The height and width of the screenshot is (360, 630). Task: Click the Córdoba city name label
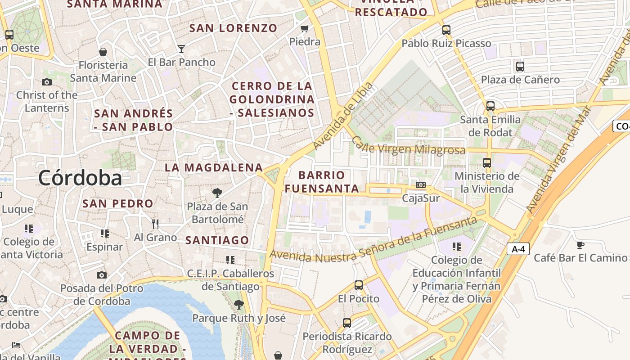pos(80,178)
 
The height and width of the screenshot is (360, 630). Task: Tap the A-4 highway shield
pos(518,249)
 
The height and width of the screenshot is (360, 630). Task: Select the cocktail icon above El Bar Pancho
pos(181,49)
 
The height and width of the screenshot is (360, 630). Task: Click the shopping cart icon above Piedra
pos(305,29)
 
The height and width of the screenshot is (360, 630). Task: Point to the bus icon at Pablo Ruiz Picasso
pos(446,30)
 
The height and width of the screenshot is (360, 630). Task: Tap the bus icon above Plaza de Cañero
pos(520,67)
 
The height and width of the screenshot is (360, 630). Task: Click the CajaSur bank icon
pos(421,185)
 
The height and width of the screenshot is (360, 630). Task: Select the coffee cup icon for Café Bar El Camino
pos(580,245)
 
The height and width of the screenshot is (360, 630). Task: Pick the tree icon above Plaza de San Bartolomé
pos(217,193)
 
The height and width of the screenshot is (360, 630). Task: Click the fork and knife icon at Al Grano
pos(155,224)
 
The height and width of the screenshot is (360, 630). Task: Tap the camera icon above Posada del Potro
pos(102,275)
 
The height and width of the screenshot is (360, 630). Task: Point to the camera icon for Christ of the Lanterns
pos(47,82)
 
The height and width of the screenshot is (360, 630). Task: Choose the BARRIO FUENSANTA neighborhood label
pos(322,182)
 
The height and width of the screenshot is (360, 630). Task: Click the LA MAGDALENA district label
pos(214,168)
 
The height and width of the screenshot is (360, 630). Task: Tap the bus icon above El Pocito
pos(359,285)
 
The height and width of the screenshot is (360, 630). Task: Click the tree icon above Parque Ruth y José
pos(239,305)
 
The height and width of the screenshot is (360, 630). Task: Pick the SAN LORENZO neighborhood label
pos(233,28)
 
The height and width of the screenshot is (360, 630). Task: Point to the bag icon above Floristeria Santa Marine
pos(103,52)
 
